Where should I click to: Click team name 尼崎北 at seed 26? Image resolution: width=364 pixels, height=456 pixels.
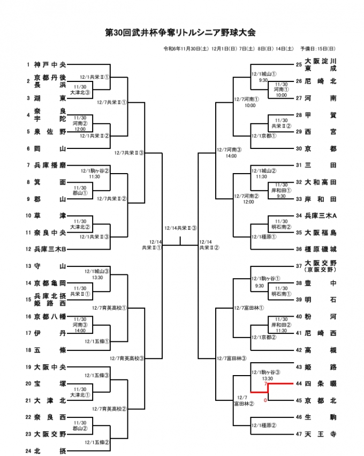pyautogui.click(x=321, y=81)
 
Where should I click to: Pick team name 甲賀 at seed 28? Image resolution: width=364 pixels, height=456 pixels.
pyautogui.click(x=321, y=115)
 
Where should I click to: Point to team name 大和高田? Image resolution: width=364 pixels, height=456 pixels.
pyautogui.click(x=321, y=182)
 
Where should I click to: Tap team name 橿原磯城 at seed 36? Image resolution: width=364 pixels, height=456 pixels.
pyautogui.click(x=321, y=249)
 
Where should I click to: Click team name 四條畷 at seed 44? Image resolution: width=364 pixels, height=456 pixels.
pyautogui.click(x=321, y=384)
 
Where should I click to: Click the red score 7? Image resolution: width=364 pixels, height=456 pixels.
pyautogui.click(x=265, y=385)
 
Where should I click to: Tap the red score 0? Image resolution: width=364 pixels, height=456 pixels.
pyautogui.click(x=265, y=399)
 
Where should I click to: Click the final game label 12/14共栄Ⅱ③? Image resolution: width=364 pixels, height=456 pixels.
pyautogui.click(x=180, y=228)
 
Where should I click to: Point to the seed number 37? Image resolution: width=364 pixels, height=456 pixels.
pyautogui.click(x=299, y=266)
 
